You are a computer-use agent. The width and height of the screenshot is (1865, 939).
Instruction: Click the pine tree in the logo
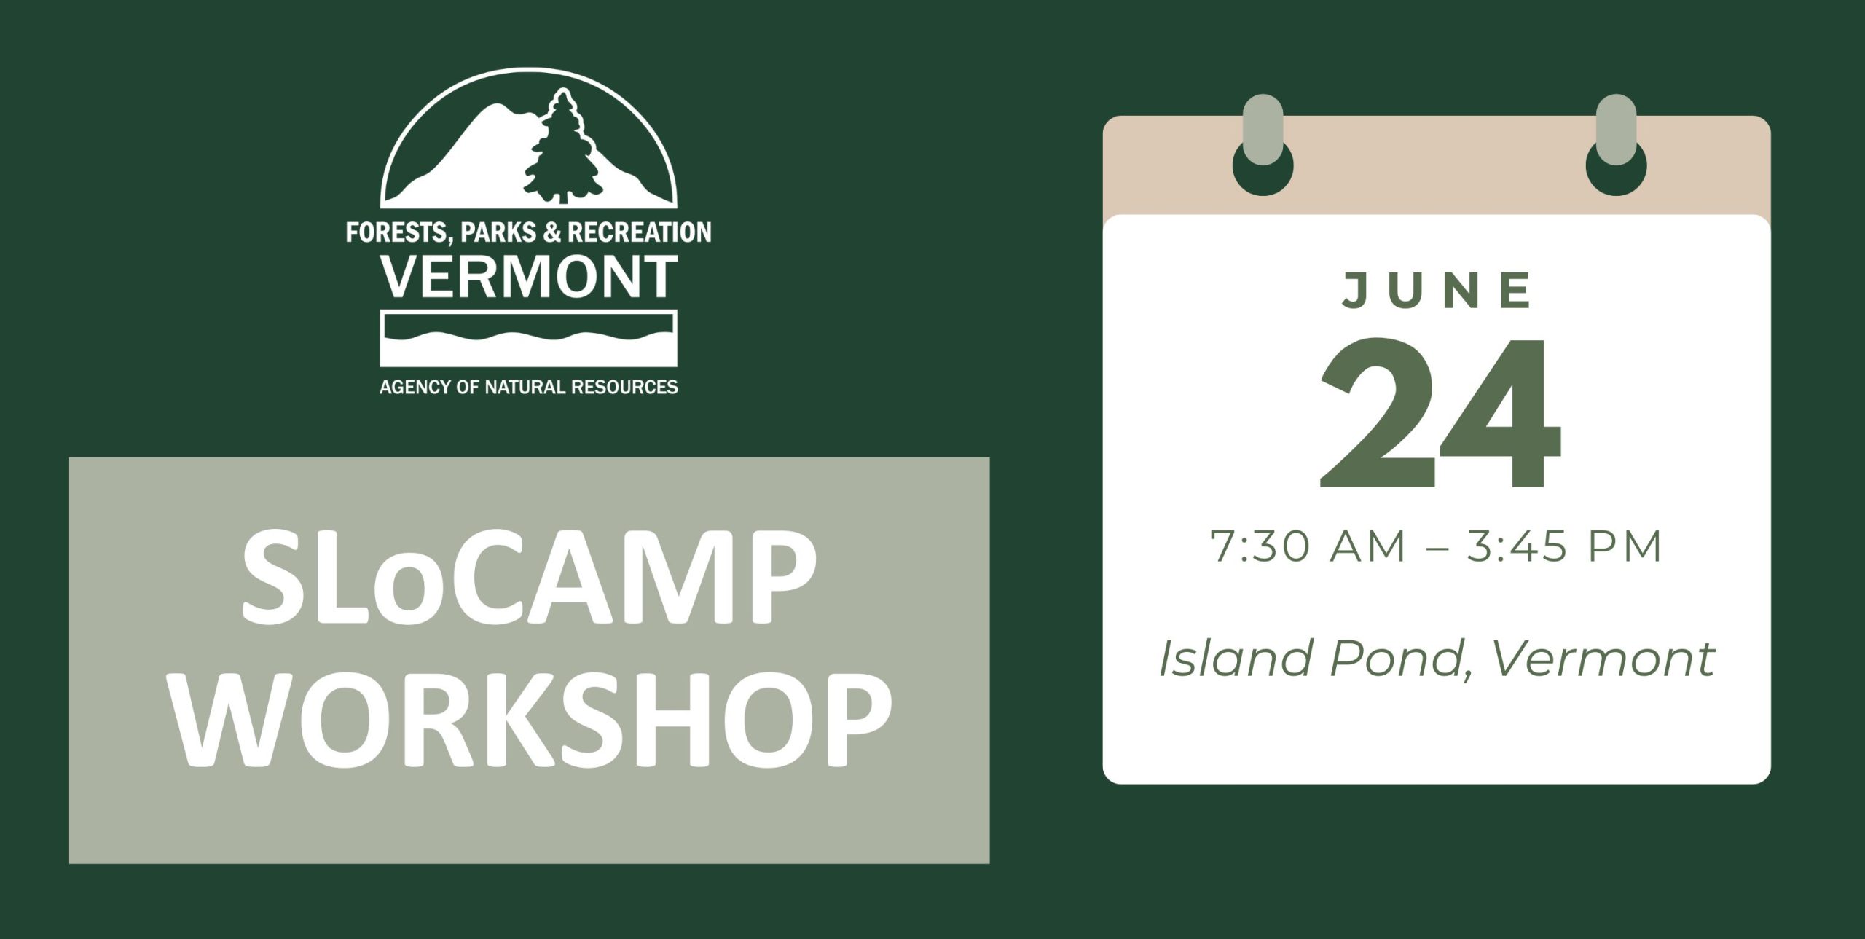[x=562, y=149]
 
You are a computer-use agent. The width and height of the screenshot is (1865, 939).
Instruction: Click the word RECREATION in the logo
[x=639, y=232]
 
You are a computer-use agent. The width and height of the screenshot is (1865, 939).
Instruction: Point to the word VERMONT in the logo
[x=530, y=278]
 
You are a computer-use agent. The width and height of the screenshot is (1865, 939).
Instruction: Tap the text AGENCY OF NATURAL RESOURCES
[x=529, y=387]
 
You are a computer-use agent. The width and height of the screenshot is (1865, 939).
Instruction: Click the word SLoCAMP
[x=529, y=577]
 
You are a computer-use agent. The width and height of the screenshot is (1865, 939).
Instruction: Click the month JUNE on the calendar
[x=1437, y=290]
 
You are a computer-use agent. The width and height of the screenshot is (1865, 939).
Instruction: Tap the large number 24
[x=1440, y=413]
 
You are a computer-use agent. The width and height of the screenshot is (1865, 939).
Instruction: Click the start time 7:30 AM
[x=1308, y=546]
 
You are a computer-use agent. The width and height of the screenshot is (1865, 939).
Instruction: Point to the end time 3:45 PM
[x=1564, y=546]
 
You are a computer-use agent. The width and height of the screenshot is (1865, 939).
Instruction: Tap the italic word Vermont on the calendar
[x=1603, y=659]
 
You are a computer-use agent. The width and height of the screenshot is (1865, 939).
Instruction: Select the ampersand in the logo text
[x=553, y=232]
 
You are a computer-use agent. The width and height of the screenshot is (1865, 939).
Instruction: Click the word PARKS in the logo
[x=499, y=232]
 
